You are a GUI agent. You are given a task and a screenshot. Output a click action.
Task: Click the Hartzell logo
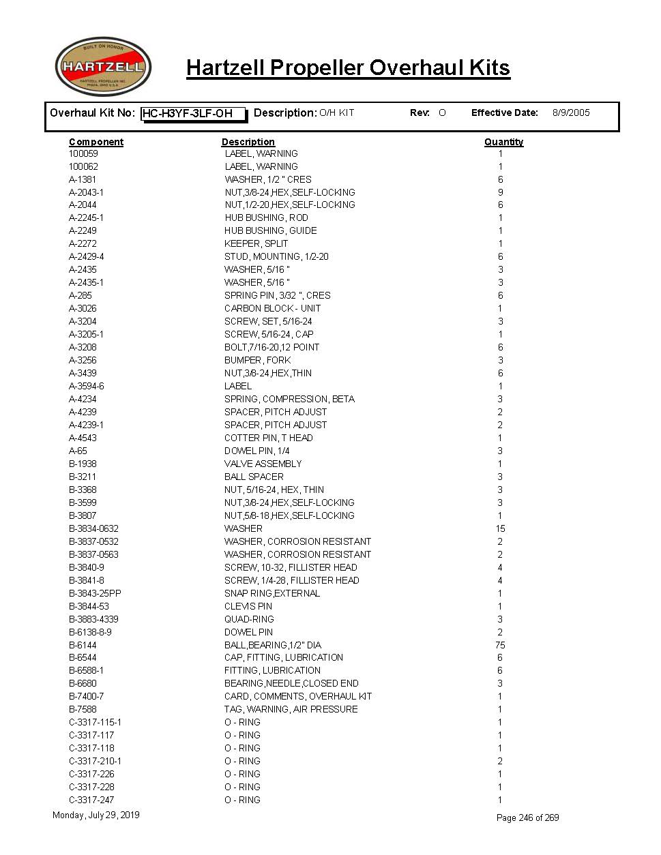103,67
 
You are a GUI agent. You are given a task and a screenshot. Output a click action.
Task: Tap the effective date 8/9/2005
570,112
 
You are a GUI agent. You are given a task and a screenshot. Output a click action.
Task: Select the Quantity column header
503,142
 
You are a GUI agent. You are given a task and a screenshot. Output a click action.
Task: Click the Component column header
96,142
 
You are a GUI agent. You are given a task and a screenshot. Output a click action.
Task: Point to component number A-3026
83,308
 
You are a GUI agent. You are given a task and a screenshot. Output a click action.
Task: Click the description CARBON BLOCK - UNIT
272,308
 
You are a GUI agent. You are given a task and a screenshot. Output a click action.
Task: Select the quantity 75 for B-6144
500,645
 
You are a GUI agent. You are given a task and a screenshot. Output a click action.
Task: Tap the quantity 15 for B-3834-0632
500,528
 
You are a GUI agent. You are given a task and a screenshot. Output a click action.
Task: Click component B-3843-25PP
95,593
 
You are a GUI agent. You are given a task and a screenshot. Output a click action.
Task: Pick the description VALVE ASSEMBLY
263,464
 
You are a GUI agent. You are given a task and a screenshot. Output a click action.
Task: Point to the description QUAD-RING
249,619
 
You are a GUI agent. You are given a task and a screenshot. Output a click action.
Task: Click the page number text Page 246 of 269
527,817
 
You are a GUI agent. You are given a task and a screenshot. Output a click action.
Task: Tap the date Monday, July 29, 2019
96,815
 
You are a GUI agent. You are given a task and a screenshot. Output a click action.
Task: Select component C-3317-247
91,800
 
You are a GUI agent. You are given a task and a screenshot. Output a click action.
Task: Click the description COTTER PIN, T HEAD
268,438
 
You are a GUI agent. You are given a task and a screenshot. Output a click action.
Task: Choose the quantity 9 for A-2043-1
500,192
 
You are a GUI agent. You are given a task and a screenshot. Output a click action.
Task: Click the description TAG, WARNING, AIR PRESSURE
291,709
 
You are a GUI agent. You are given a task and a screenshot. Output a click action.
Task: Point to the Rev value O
442,112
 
